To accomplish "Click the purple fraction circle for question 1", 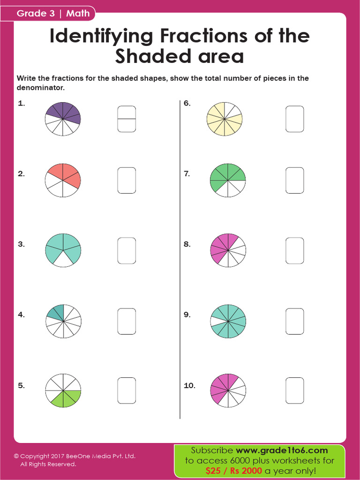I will [x=63, y=119].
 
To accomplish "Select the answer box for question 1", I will [x=127, y=119].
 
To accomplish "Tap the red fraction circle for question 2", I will [x=63, y=180].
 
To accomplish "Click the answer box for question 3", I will [x=127, y=251].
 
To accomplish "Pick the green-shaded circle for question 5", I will [x=63, y=390].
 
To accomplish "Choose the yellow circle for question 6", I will [x=225, y=119].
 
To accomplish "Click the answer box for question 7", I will [x=295, y=180].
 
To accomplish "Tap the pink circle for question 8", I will [x=228, y=251].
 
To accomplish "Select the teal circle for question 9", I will [x=228, y=321].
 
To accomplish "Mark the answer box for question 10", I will [x=295, y=390].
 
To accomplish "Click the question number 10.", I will [x=189, y=386].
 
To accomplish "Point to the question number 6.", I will [x=187, y=103].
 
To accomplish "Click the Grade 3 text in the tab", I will [x=36, y=13].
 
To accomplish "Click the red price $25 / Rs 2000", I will [x=233, y=470].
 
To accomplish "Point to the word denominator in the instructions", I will [x=40, y=88].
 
